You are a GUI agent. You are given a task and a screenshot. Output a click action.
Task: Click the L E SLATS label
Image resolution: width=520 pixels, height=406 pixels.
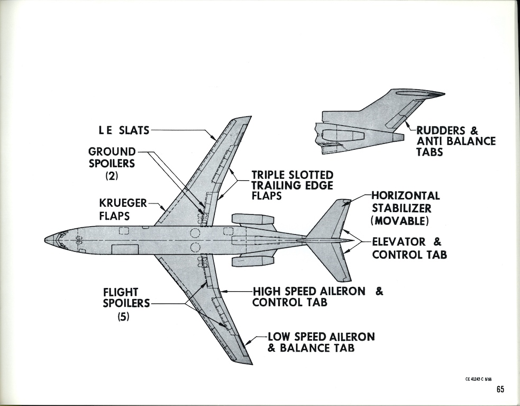coord(124,130)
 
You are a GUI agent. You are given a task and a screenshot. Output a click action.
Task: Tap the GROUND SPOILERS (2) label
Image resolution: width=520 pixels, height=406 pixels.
coord(112,163)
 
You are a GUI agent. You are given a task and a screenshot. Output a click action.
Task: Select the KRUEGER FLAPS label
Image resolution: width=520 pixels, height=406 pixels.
coord(123,209)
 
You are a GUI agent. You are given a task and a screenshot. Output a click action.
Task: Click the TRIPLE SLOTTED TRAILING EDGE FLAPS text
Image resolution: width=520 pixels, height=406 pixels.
coord(292,185)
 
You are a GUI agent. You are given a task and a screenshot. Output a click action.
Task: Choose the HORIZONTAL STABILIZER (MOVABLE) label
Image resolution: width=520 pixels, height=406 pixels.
coord(405,208)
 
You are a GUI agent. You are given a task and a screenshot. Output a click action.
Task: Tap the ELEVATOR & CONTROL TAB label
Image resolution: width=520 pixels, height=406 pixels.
coord(409,248)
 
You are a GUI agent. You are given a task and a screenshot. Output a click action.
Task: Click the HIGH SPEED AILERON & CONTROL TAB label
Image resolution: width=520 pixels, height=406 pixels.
coord(318,297)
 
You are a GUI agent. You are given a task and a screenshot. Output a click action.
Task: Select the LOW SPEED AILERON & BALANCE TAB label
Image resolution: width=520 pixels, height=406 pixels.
coord(321,343)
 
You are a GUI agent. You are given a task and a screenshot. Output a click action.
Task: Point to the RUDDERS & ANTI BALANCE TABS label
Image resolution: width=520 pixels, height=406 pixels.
coord(456,141)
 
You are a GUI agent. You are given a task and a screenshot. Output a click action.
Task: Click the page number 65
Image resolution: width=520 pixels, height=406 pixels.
coord(500,389)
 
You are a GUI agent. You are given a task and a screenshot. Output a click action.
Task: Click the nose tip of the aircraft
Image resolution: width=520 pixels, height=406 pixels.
coord(45,239)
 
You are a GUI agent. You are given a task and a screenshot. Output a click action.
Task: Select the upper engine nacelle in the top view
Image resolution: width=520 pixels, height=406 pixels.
coord(253,219)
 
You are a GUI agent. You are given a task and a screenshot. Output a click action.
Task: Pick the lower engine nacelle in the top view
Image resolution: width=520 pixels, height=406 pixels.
coord(253,261)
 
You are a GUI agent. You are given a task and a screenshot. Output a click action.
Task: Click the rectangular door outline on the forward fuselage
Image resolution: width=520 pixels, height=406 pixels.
coord(125,249)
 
